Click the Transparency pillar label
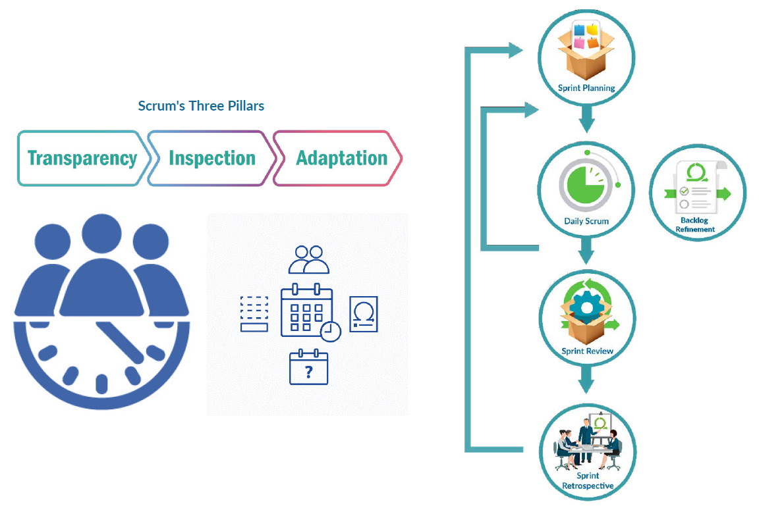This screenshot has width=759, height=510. pos(82,159)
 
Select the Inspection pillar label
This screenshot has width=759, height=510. pos(211,159)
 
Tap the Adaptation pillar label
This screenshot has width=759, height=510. pos(341,159)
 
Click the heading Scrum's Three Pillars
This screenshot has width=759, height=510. pos(201,105)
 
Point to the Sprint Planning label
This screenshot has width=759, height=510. pos(586,88)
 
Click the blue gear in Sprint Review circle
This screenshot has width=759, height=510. pos(583,307)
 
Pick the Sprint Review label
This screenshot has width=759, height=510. pos(587,351)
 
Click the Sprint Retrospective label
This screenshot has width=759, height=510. pos(587,480)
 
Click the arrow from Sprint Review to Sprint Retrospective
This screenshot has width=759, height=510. pos(586,380)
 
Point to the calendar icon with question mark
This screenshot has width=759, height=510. pos(308,368)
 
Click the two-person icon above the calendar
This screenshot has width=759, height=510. pos(308,259)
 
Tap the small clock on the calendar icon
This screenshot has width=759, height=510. pos(330,331)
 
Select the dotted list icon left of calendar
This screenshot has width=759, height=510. pos(254,313)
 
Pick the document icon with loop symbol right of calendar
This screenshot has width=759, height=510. pos(363,314)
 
